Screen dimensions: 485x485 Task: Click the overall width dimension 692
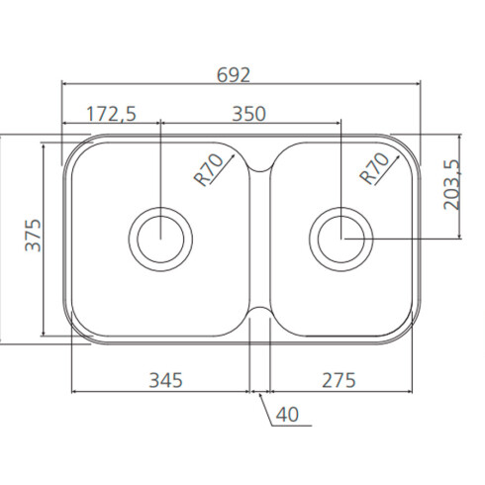coord(234,75)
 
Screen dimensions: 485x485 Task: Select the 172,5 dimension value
coord(111,114)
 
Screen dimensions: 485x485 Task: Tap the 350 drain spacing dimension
coord(248,114)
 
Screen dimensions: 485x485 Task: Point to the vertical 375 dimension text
coord(34,235)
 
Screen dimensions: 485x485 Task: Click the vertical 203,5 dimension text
coord(451,185)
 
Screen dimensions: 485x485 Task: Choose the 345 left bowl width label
coord(165,380)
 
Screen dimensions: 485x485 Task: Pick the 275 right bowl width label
coord(339,380)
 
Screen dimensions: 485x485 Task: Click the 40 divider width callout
coord(287,415)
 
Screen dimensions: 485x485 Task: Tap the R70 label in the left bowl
coord(209,169)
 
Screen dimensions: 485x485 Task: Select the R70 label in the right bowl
coord(375,168)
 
